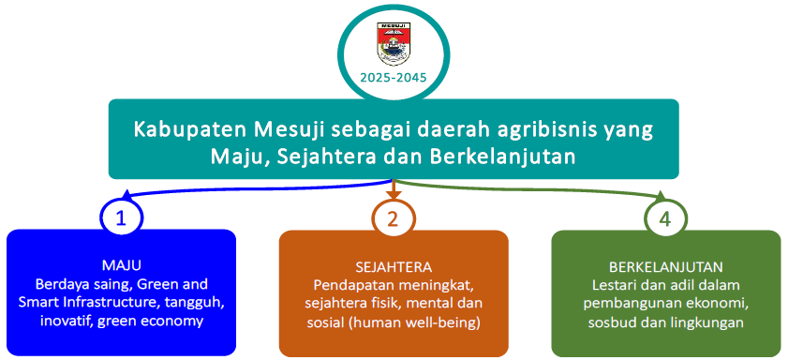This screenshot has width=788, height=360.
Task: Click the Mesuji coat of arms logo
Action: pyautogui.click(x=394, y=44)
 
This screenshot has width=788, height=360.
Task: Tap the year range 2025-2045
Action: pyautogui.click(x=394, y=79)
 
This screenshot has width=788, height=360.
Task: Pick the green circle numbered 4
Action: pyautogui.click(x=665, y=219)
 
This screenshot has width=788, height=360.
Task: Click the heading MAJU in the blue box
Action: pyautogui.click(x=121, y=266)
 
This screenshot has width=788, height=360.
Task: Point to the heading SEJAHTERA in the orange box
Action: pyautogui.click(x=394, y=266)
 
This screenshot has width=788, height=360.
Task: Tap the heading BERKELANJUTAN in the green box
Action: pyautogui.click(x=666, y=266)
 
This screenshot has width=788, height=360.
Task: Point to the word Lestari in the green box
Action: pyautogui.click(x=614, y=285)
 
